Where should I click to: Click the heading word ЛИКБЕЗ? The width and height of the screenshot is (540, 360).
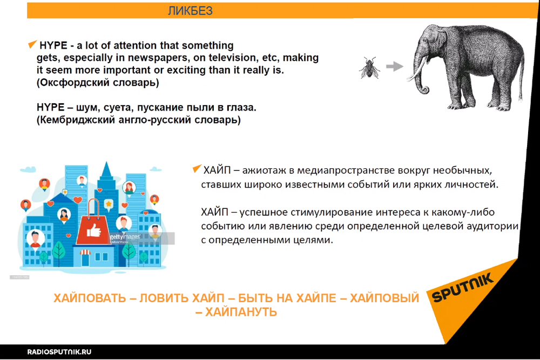point(190,11)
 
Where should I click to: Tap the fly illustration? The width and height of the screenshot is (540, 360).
point(369,67)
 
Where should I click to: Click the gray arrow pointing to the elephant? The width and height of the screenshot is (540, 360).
point(395,66)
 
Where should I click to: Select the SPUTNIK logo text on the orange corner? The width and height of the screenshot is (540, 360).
point(463,288)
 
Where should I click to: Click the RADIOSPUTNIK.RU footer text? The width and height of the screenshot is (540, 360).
point(59,352)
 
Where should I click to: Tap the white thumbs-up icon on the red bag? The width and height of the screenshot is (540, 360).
point(93,230)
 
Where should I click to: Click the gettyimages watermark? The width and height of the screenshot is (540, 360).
point(125,237)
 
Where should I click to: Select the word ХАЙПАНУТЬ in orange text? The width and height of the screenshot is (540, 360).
point(241,312)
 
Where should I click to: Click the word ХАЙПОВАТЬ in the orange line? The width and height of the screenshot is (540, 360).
point(90,298)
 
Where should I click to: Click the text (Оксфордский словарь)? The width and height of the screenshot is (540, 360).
point(98,83)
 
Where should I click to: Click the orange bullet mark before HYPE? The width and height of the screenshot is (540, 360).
point(32,44)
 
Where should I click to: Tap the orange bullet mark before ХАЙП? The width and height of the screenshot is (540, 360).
point(197,168)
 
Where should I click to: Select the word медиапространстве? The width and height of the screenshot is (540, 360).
point(346,171)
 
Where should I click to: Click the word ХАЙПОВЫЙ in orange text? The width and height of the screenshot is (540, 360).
point(384,298)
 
